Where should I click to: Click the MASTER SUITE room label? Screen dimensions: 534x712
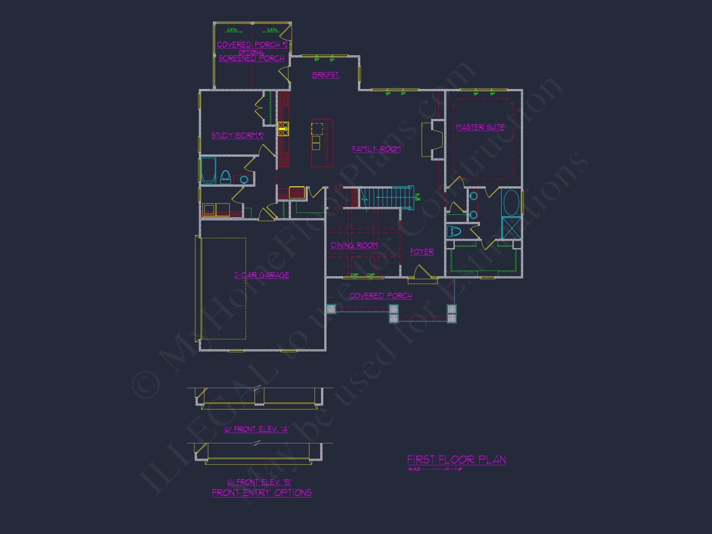(x=480, y=127)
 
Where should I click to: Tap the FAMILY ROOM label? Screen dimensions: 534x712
(x=376, y=149)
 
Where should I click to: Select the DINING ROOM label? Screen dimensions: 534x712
(x=354, y=245)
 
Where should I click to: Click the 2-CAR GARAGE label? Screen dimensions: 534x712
(x=261, y=275)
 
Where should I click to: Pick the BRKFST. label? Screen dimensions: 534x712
(x=326, y=75)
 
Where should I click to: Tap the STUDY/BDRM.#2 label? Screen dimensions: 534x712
(x=237, y=136)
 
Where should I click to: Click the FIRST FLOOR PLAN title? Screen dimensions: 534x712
(x=456, y=460)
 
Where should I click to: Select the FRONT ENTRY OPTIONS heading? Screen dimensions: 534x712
(x=261, y=493)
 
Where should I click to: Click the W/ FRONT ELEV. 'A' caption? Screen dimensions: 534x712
(x=256, y=429)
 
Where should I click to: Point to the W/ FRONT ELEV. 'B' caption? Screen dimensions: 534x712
(x=259, y=482)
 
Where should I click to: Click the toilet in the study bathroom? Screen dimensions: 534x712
(x=225, y=177)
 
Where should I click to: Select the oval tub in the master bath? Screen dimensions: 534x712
(x=511, y=202)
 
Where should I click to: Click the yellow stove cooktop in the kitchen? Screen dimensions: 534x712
(x=283, y=129)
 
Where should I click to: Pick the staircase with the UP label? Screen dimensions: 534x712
(x=389, y=197)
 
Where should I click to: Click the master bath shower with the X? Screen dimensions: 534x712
(x=511, y=228)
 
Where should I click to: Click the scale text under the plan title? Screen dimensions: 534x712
(x=435, y=469)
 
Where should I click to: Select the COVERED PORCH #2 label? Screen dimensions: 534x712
(x=252, y=45)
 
